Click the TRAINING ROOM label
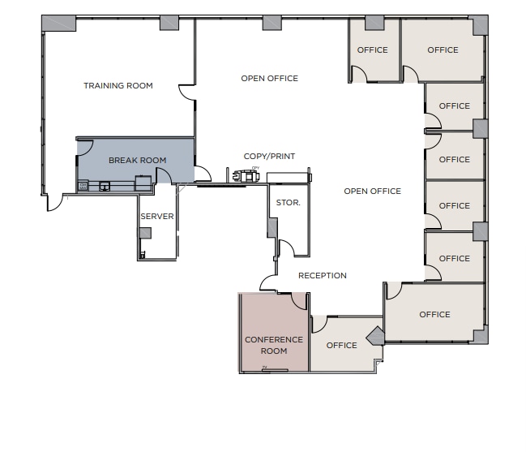point(118,85)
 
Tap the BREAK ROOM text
point(137,160)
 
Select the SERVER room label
point(156,217)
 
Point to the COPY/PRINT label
point(269,156)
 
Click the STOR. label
point(288,203)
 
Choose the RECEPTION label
point(322,275)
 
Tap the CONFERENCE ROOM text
point(274,346)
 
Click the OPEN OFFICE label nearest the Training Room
point(269,78)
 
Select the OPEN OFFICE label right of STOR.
point(372,191)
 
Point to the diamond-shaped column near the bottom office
point(375,335)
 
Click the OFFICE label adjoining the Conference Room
point(341,345)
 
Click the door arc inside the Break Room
point(84,147)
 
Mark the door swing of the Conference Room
point(298,301)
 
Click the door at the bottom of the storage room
point(287,248)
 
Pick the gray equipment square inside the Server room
point(145,234)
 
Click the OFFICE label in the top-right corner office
point(443,50)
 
